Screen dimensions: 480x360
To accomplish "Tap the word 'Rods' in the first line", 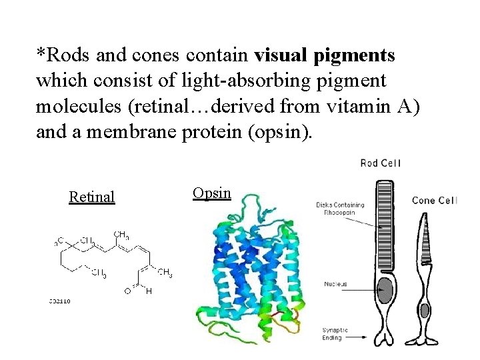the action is (65, 55).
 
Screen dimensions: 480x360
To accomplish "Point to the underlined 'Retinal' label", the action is (92, 197).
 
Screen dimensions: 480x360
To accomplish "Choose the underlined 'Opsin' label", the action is (211, 193).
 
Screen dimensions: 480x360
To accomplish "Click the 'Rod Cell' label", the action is (381, 163).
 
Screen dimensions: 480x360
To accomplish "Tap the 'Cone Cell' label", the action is (434, 200).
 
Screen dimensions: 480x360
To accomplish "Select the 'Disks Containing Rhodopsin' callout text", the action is (340, 209).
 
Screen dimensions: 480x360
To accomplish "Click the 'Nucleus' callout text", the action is (335, 284).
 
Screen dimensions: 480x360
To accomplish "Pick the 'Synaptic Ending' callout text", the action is (335, 333).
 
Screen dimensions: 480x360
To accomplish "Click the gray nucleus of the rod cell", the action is (385, 289).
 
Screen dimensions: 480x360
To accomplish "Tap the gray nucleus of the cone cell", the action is (425, 310).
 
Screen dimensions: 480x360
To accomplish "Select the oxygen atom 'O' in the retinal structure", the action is (127, 291).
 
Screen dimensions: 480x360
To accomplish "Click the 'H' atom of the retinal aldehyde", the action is (149, 291).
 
